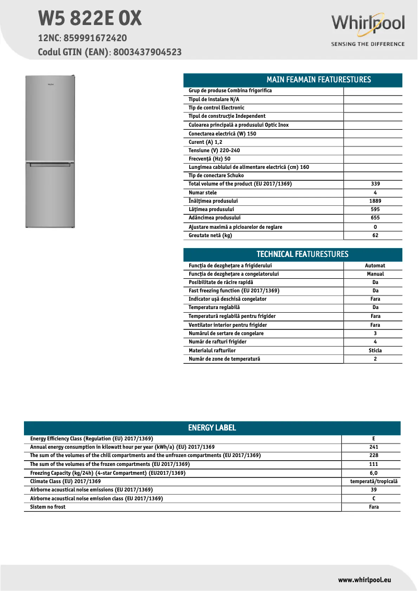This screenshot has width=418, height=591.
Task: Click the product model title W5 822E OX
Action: click(90, 19)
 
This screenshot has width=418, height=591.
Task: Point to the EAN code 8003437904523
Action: click(147, 52)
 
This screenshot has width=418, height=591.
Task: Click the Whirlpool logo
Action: click(368, 24)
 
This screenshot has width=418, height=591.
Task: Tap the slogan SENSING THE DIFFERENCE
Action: click(368, 44)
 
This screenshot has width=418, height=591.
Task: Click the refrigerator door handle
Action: click(51, 165)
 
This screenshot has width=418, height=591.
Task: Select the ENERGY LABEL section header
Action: click(212, 428)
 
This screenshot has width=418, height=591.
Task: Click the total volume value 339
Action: click(375, 184)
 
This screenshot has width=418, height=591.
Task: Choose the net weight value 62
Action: click(375, 236)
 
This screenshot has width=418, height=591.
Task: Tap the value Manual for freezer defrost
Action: click(375, 274)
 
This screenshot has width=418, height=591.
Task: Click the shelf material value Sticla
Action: click(375, 351)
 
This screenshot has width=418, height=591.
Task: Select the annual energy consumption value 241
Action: click(373, 447)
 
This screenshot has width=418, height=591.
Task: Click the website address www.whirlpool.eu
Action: click(364, 580)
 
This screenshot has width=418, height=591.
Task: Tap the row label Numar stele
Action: click(203, 193)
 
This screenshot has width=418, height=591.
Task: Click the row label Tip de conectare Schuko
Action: click(216, 176)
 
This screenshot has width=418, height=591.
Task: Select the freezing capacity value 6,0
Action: click(373, 473)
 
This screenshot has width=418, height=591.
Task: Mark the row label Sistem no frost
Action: click(48, 507)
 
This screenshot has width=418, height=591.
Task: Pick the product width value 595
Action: click(375, 210)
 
